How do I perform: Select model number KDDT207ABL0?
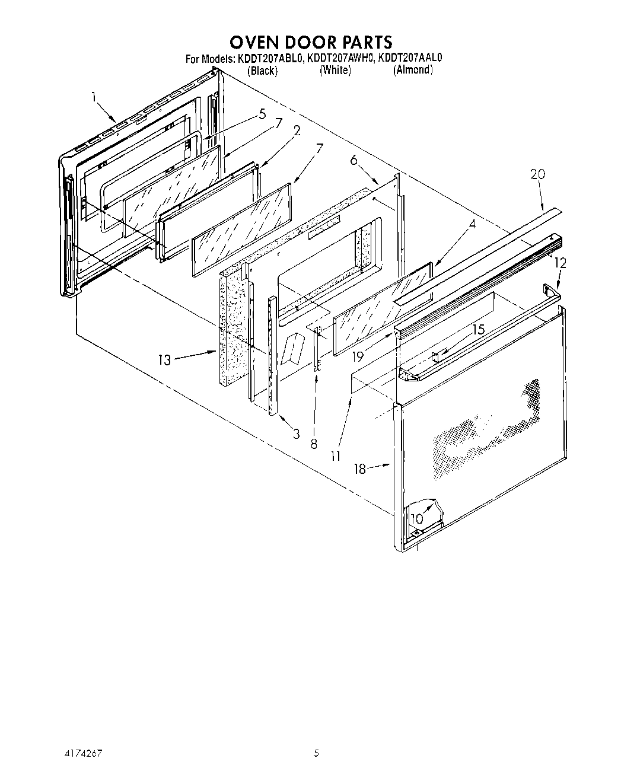tap(270, 58)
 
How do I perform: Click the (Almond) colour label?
tap(413, 69)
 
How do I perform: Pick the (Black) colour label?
tap(262, 71)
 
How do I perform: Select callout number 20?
tap(537, 174)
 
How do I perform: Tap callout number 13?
tap(164, 359)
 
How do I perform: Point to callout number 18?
tap(359, 469)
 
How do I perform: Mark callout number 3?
tap(296, 434)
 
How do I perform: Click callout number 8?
tap(314, 443)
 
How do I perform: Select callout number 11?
tap(336, 456)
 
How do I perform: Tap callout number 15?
tap(478, 329)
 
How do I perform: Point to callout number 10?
tap(416, 518)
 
